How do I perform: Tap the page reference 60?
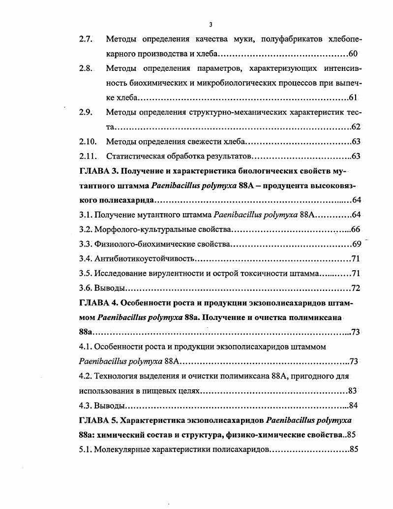(353, 54)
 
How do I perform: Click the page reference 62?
(356, 127)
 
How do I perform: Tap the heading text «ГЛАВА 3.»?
(98, 171)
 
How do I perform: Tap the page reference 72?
(356, 288)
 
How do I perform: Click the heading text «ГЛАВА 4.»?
(98, 303)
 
